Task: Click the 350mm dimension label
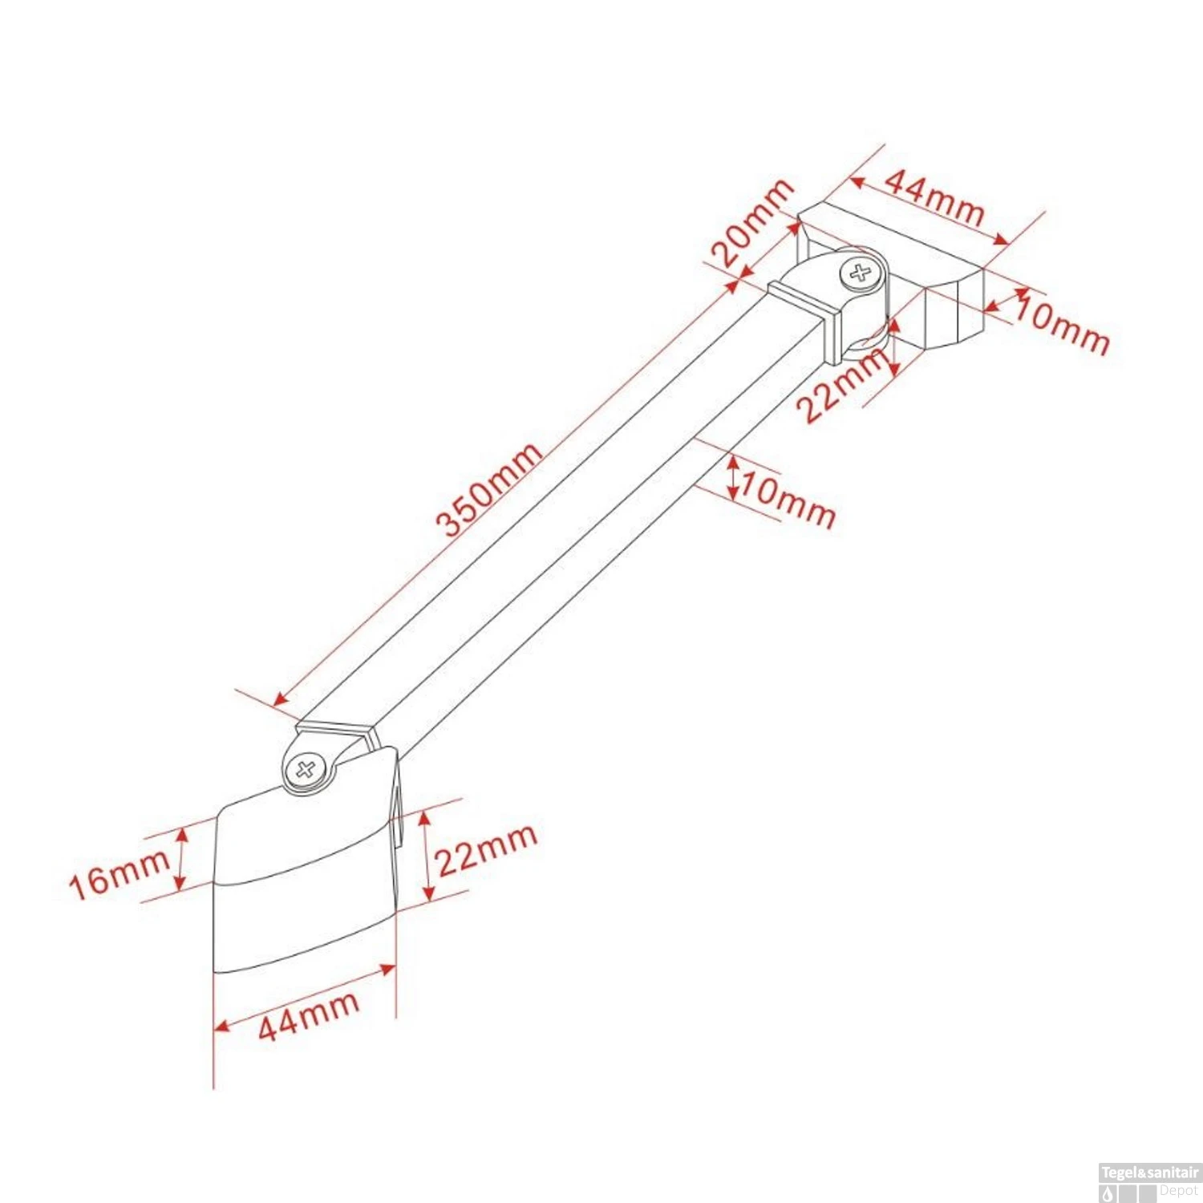pos(489,489)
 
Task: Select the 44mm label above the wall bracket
pos(934,197)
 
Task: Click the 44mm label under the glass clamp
pos(308,1016)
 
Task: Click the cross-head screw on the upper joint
pos(861,273)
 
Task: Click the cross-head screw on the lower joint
pos(306,771)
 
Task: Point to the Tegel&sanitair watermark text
pos(1149,1173)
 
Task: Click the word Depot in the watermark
pos(1178,1191)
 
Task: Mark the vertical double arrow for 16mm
pos(181,859)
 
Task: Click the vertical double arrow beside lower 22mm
pos(427,854)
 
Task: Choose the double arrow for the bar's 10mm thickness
pos(733,476)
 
